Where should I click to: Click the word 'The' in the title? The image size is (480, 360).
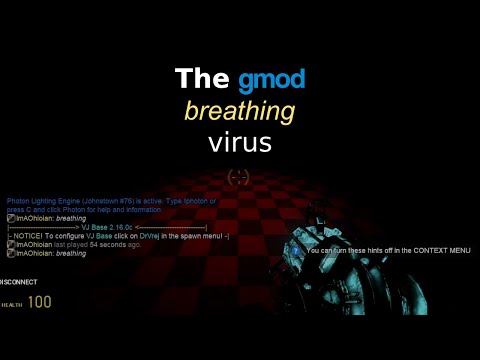tap(203, 79)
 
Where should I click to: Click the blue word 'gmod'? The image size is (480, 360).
tap(272, 79)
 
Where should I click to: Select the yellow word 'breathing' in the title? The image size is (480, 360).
tap(240, 110)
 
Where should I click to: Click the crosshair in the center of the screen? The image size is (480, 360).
tap(237, 177)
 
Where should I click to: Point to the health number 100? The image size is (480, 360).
tap(40, 302)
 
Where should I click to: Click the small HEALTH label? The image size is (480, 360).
tap(11, 304)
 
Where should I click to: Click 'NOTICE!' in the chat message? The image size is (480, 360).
tap(28, 236)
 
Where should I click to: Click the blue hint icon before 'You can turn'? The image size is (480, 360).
tap(298, 250)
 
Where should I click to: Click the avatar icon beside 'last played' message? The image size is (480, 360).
tap(11, 245)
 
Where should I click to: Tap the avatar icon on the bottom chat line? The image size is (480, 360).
tap(11, 254)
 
